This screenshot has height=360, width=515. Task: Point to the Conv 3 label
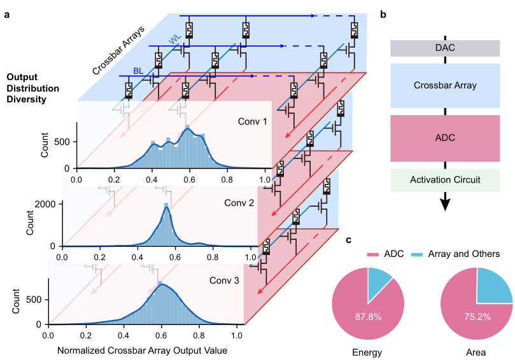coord(225,280)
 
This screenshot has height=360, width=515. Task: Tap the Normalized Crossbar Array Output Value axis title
coord(143,350)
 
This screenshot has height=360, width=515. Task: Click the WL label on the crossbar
coord(174,40)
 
